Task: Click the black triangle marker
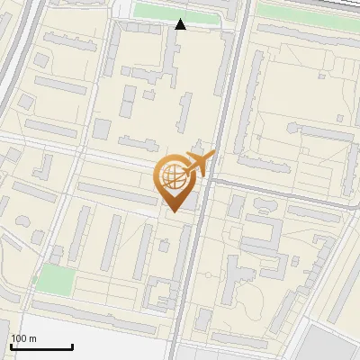181,24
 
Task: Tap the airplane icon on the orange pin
199,164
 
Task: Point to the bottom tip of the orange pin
172,210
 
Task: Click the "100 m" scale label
24,338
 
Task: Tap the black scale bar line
41,346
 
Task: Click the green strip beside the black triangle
175,11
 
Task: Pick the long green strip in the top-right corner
306,12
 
